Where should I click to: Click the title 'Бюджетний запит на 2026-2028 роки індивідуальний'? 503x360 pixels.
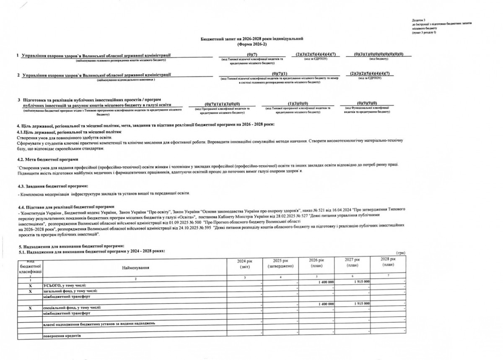point(251,39)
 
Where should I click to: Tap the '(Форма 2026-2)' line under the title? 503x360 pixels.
point(251,44)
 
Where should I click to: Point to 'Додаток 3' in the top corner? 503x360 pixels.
point(418,20)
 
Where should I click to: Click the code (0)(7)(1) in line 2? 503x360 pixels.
point(279,74)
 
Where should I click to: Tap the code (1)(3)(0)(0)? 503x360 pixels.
point(298,104)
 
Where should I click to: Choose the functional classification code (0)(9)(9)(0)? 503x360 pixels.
point(367,104)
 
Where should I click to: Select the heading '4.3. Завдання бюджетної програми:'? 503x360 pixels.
point(52,186)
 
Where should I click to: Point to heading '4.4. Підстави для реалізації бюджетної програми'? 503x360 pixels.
point(65,206)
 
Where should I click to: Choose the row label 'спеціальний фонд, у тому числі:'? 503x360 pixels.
point(72,308)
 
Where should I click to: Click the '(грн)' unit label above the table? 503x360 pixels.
point(400,253)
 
